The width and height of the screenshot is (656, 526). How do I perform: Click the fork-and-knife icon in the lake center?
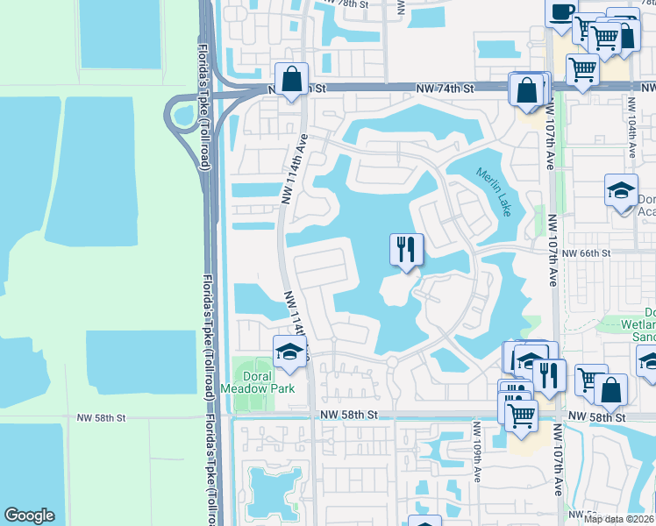pos(406,250)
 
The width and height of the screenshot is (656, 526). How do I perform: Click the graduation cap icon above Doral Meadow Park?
pos(288,352)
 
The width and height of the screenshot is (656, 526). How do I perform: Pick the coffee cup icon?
pos(560,12)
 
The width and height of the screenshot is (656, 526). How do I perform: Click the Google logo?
pos(29,515)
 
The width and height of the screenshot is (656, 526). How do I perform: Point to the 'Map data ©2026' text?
pos(618,519)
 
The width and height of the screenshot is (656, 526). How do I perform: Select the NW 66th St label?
pos(585,253)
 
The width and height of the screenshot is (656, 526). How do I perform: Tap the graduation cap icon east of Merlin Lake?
pos(620,191)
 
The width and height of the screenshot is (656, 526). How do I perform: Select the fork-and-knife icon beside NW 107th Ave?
pos(548,377)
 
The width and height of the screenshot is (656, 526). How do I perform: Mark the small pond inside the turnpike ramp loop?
pos(184,114)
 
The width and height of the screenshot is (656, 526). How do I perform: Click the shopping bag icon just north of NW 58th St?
pos(610,390)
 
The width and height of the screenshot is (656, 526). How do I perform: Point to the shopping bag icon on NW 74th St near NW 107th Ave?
pos(527,91)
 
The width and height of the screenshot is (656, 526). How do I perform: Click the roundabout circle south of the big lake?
pos(392,361)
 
